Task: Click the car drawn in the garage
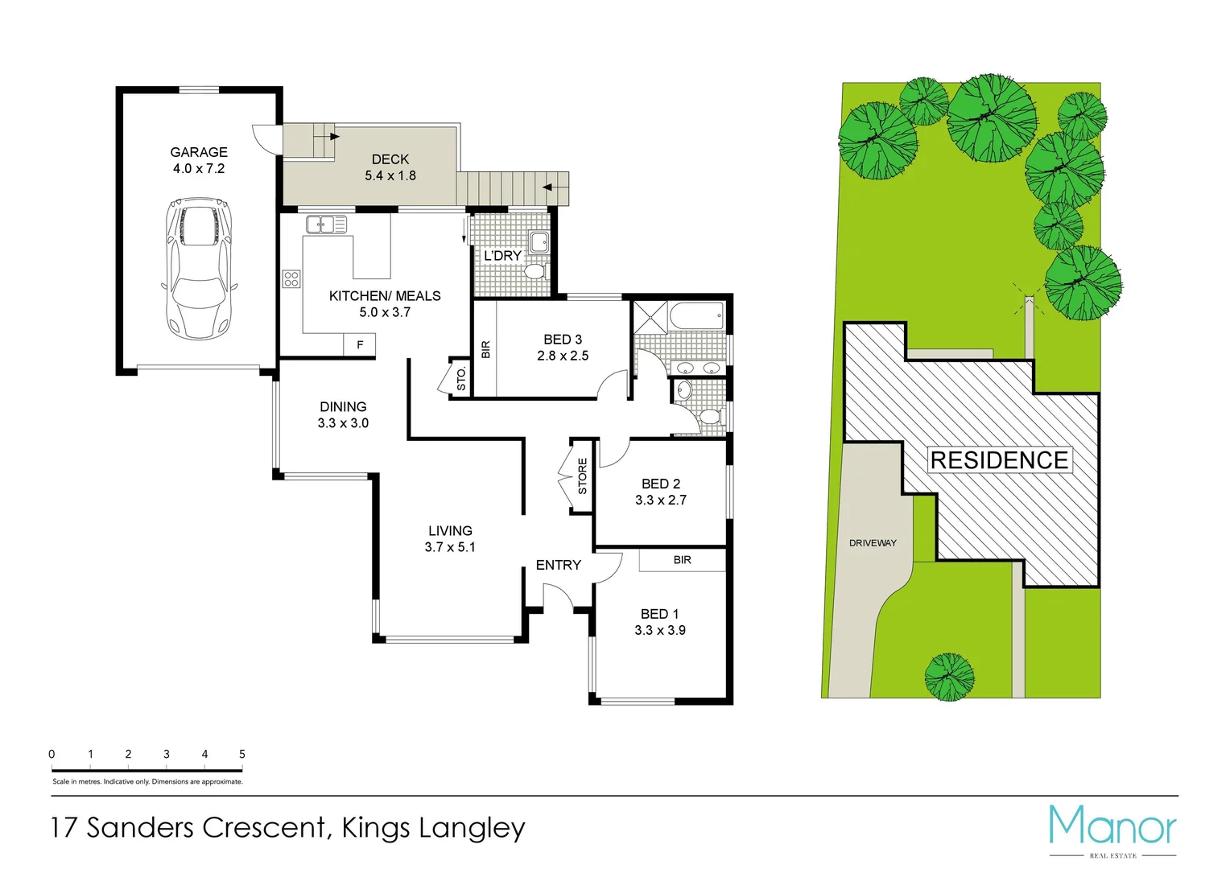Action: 199,268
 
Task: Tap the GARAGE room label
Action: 199,152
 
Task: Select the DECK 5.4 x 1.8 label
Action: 390,167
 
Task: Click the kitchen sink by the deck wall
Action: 326,224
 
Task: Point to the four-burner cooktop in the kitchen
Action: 291,279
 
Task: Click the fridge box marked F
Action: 360,344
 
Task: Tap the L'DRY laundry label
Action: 502,255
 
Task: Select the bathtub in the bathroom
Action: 696,315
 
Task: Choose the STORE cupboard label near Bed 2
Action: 582,476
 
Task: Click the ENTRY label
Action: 558,565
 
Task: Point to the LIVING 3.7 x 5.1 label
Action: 450,539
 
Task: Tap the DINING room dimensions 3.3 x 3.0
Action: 343,423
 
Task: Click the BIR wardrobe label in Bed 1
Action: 682,560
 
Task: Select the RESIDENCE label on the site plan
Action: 999,460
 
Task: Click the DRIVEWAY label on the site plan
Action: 873,543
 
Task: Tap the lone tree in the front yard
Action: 949,676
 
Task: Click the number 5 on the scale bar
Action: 241,754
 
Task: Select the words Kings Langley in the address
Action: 433,827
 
